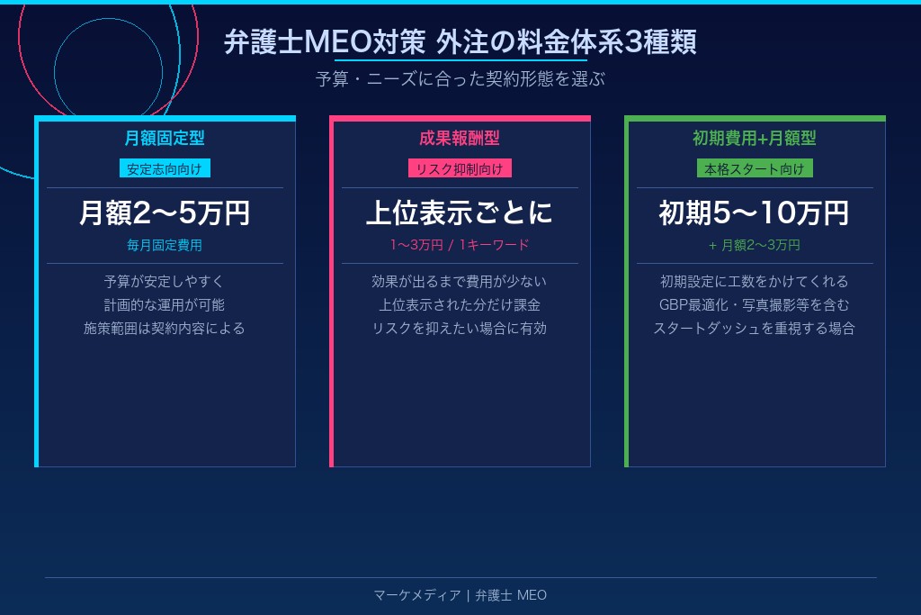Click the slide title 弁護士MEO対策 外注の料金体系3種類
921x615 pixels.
click(460, 42)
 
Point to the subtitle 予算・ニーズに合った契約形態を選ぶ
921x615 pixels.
click(460, 79)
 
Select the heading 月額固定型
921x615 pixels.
click(165, 139)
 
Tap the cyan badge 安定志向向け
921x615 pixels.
click(165, 168)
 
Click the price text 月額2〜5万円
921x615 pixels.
click(165, 213)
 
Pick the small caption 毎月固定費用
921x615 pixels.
click(165, 245)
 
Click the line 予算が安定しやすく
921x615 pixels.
click(165, 281)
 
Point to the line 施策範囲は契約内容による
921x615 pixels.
click(165, 328)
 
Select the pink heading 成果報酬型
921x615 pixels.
click(460, 139)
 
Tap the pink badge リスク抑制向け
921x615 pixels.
click(460, 168)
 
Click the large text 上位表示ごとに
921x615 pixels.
click(460, 213)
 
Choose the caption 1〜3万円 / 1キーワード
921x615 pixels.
click(460, 245)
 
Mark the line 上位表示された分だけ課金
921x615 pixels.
click(460, 304)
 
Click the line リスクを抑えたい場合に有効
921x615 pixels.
click(460, 328)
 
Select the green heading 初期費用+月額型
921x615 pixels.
click(755, 139)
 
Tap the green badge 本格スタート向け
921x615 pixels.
click(755, 168)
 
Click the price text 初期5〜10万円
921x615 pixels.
click(755, 213)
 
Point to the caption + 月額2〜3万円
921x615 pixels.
click(755, 245)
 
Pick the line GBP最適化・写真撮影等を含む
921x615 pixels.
click(755, 304)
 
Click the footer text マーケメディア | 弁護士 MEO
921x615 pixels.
click(460, 595)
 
